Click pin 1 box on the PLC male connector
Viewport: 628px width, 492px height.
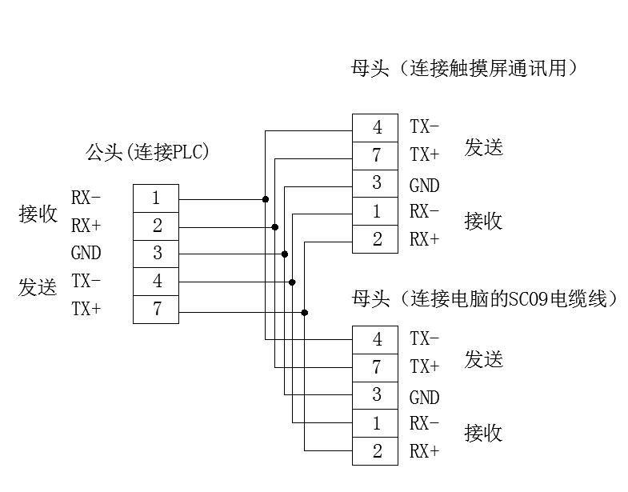point(156,198)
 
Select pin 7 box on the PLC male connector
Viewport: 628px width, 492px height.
point(156,309)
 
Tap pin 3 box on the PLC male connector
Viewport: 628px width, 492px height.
point(156,254)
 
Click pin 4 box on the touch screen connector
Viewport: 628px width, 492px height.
point(375,127)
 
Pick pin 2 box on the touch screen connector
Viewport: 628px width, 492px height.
point(375,239)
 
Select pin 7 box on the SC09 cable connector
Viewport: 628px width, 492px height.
point(375,367)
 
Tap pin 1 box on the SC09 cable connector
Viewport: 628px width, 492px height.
point(375,423)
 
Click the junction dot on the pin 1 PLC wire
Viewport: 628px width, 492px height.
point(266,198)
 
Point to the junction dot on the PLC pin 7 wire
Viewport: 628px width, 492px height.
point(305,312)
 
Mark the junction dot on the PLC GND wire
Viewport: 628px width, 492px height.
point(285,254)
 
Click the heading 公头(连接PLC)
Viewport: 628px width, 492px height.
point(148,152)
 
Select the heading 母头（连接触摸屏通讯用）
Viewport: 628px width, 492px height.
point(464,68)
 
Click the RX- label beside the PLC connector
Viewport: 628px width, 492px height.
point(86,198)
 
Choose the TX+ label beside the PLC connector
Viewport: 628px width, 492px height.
point(86,309)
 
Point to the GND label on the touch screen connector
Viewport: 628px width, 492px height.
point(424,186)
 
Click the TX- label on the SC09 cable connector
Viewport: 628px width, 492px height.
point(424,339)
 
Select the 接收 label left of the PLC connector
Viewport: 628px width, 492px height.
point(38,214)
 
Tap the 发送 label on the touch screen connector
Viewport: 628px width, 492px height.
point(484,147)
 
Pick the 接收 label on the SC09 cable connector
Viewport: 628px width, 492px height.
point(484,433)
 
